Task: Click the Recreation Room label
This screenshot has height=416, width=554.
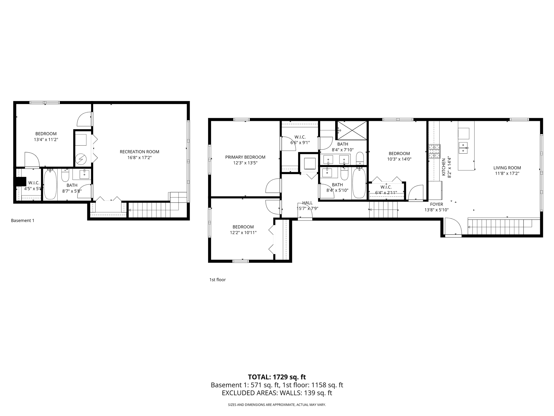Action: [x=139, y=152]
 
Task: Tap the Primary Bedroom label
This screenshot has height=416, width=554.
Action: [x=245, y=157]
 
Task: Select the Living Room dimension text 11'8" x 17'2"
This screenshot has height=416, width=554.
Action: [x=507, y=174]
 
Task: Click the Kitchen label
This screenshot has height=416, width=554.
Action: [x=443, y=167]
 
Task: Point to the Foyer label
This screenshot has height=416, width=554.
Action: [x=437, y=204]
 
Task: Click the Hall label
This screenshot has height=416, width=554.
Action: [x=307, y=203]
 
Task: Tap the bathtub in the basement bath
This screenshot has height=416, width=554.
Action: [x=50, y=184]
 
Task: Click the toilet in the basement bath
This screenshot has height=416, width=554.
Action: [x=65, y=176]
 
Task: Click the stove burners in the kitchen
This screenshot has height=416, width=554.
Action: [x=435, y=151]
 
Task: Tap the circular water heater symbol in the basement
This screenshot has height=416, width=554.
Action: [x=81, y=159]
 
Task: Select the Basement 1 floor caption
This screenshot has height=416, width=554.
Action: [x=23, y=220]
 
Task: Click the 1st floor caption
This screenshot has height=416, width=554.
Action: [x=217, y=280]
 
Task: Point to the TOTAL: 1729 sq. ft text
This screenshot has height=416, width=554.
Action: [x=277, y=377]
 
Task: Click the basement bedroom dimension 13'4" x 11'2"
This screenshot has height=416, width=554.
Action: [x=46, y=140]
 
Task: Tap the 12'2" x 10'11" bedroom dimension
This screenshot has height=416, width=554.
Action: [x=243, y=233]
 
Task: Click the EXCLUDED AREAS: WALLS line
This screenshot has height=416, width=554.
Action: [x=277, y=393]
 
